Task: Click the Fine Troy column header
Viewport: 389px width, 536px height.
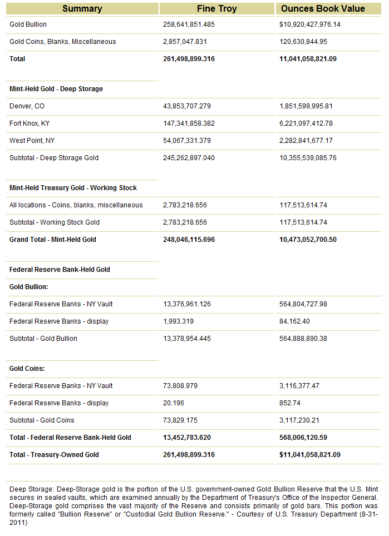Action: tap(216, 8)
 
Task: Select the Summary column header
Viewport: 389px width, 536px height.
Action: tap(82, 8)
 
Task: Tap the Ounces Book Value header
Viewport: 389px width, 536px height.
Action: tap(323, 8)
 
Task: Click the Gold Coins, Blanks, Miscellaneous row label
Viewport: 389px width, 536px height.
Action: tap(63, 42)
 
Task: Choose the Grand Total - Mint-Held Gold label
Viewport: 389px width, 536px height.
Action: tap(53, 240)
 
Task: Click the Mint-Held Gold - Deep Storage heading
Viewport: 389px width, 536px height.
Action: tap(56, 89)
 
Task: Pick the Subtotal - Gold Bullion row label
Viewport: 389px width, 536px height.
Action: tap(43, 339)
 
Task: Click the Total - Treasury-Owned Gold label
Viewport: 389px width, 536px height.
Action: tap(54, 455)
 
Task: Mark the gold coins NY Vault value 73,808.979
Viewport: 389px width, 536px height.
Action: tap(180, 386)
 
